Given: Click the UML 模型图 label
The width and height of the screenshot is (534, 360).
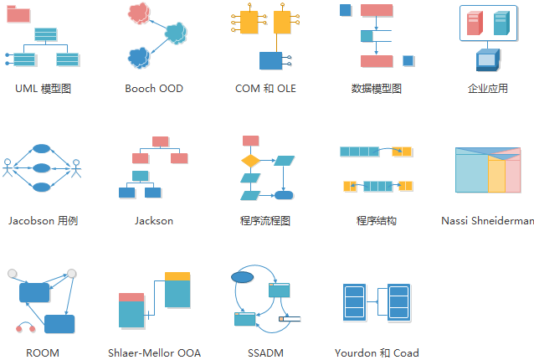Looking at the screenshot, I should [43, 88].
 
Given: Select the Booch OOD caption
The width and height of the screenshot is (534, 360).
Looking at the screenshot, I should [154, 88].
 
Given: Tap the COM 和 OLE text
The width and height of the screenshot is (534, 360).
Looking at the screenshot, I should [265, 88].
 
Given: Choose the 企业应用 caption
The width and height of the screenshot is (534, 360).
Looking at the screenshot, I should [488, 88].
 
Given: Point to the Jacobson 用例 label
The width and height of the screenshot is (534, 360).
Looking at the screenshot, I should [43, 221].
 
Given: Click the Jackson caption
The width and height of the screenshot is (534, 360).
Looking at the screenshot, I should [154, 221].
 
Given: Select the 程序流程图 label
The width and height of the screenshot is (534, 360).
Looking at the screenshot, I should [265, 221].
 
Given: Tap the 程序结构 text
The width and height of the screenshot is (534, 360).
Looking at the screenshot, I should [377, 221].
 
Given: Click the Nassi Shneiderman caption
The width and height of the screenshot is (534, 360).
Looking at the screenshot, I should [487, 221].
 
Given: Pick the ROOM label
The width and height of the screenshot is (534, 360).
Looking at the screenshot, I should [43, 353].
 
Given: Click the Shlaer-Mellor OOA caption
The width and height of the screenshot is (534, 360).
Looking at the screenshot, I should [154, 353].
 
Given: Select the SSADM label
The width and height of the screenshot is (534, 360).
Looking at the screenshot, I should [265, 353].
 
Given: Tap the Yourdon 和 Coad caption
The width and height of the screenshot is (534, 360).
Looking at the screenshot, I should [377, 353].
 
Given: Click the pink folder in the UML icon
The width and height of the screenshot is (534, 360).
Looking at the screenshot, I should [18, 13].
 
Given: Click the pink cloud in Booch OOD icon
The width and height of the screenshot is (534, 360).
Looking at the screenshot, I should [141, 13].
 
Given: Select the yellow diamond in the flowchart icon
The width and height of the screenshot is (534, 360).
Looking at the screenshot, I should [250, 159].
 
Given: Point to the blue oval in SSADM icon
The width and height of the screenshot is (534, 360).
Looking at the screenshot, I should [242, 276].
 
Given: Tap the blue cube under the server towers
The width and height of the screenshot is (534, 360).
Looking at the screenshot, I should [487, 59].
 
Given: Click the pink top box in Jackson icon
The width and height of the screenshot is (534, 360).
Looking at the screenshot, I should [162, 141].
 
